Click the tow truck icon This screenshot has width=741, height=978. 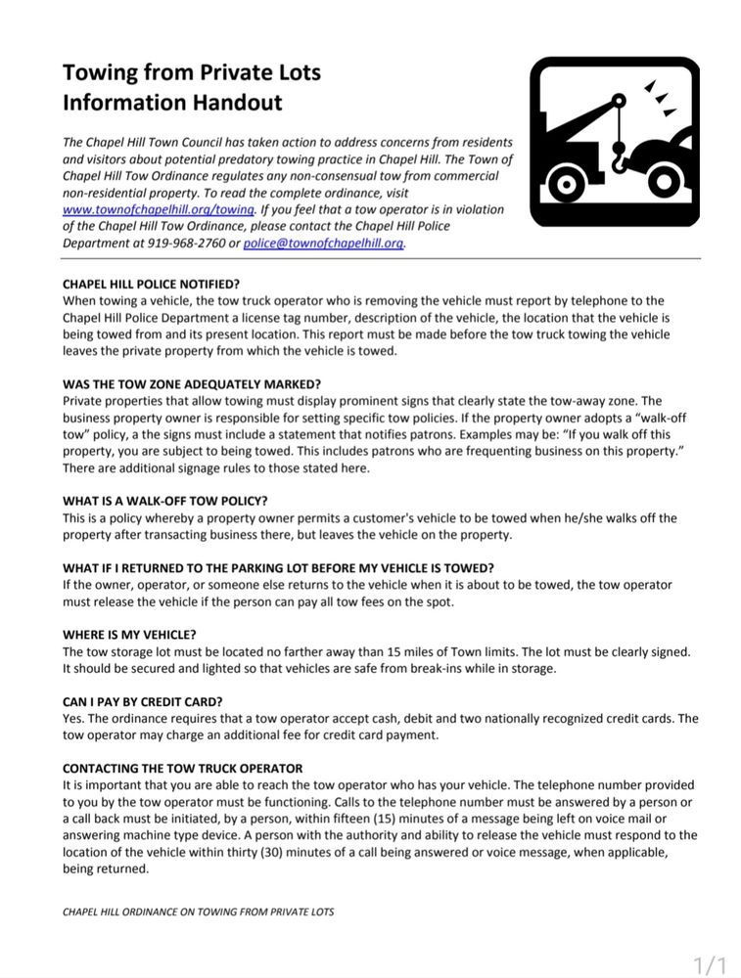pyautogui.click(x=613, y=143)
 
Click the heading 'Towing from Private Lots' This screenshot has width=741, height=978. pyautogui.click(x=191, y=72)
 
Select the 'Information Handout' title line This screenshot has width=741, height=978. pyautogui.click(x=172, y=102)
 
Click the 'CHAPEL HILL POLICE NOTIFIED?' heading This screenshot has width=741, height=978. pyautogui.click(x=151, y=285)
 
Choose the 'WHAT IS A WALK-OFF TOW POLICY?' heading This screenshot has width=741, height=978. pyautogui.click(x=164, y=501)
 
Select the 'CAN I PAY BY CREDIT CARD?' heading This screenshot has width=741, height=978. pyautogui.click(x=142, y=701)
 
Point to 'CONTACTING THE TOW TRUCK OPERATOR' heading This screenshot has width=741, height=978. pyautogui.click(x=182, y=768)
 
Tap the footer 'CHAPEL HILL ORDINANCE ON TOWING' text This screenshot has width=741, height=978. pyautogui.click(x=198, y=911)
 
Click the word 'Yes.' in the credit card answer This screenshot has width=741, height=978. pyautogui.click(x=74, y=718)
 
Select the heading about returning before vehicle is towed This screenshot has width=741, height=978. pyautogui.click(x=278, y=568)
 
